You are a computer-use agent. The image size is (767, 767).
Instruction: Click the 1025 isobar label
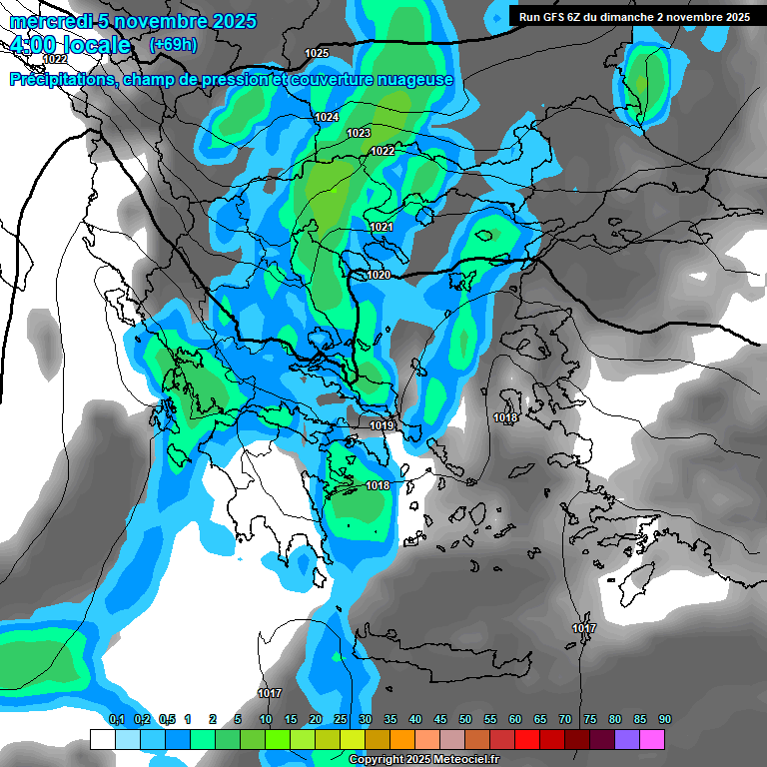pos(317,53)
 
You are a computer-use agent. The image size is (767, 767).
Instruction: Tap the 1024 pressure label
pos(327,118)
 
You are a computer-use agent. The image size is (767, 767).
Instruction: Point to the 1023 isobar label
pos(359,134)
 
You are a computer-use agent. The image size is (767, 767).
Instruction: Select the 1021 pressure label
pos(382,228)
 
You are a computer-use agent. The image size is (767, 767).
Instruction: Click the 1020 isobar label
pos(378,275)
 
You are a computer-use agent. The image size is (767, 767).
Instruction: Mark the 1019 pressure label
pos(382,426)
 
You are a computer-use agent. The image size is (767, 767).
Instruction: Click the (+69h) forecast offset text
pos(172,45)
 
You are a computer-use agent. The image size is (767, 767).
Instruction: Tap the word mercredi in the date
pos(45,21)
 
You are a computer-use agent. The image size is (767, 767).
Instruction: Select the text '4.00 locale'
pos(69,46)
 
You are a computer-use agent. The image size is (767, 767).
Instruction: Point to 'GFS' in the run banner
pos(557,17)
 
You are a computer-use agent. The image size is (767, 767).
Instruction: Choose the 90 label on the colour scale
pos(665,719)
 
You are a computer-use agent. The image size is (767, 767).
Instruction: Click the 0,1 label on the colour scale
pos(116,719)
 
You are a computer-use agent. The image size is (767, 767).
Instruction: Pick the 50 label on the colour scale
pos(465,719)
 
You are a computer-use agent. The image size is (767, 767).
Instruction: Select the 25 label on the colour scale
pos(341,719)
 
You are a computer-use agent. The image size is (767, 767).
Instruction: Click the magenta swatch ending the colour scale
pos(652,739)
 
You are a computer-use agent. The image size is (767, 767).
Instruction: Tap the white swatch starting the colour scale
pos(103,739)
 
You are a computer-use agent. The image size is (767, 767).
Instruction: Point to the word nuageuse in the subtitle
pos(411,80)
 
